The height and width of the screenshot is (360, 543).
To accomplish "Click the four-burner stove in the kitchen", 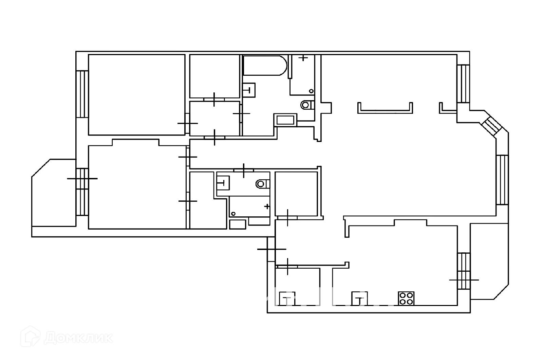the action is click(x=406, y=299).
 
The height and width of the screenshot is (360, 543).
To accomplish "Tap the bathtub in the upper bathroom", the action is click(x=265, y=65).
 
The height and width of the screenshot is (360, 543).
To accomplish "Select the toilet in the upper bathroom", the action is click(x=307, y=105).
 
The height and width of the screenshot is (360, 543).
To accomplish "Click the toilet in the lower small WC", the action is click(x=263, y=184).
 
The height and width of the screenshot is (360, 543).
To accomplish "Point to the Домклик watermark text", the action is click(x=78, y=338).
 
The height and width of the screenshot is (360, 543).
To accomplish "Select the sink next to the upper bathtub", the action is click(x=249, y=90).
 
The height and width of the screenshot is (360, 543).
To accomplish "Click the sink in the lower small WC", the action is click(x=223, y=183).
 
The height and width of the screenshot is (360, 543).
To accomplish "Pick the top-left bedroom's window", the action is click(x=82, y=94).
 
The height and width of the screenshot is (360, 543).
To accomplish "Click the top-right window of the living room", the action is click(x=463, y=84).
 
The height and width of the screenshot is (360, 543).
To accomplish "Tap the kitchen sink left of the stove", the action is click(x=359, y=299).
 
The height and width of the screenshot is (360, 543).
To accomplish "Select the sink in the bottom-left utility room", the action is click(x=287, y=299).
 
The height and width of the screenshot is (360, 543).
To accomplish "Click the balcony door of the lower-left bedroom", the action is click(x=82, y=179).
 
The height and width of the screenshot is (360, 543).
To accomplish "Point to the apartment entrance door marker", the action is click(x=271, y=249).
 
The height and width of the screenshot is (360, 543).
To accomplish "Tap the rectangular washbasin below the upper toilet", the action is click(x=285, y=120).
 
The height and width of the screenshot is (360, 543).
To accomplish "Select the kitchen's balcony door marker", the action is click(x=464, y=280).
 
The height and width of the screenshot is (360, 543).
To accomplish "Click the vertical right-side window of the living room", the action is click(x=502, y=180).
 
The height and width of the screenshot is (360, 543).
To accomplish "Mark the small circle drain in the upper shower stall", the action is click(x=311, y=91).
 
